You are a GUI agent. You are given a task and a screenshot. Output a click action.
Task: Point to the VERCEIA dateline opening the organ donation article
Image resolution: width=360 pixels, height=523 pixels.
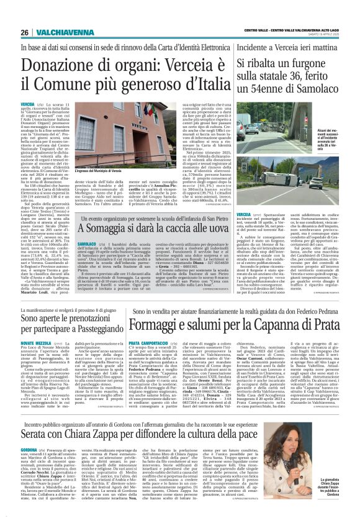tap(27, 103)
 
